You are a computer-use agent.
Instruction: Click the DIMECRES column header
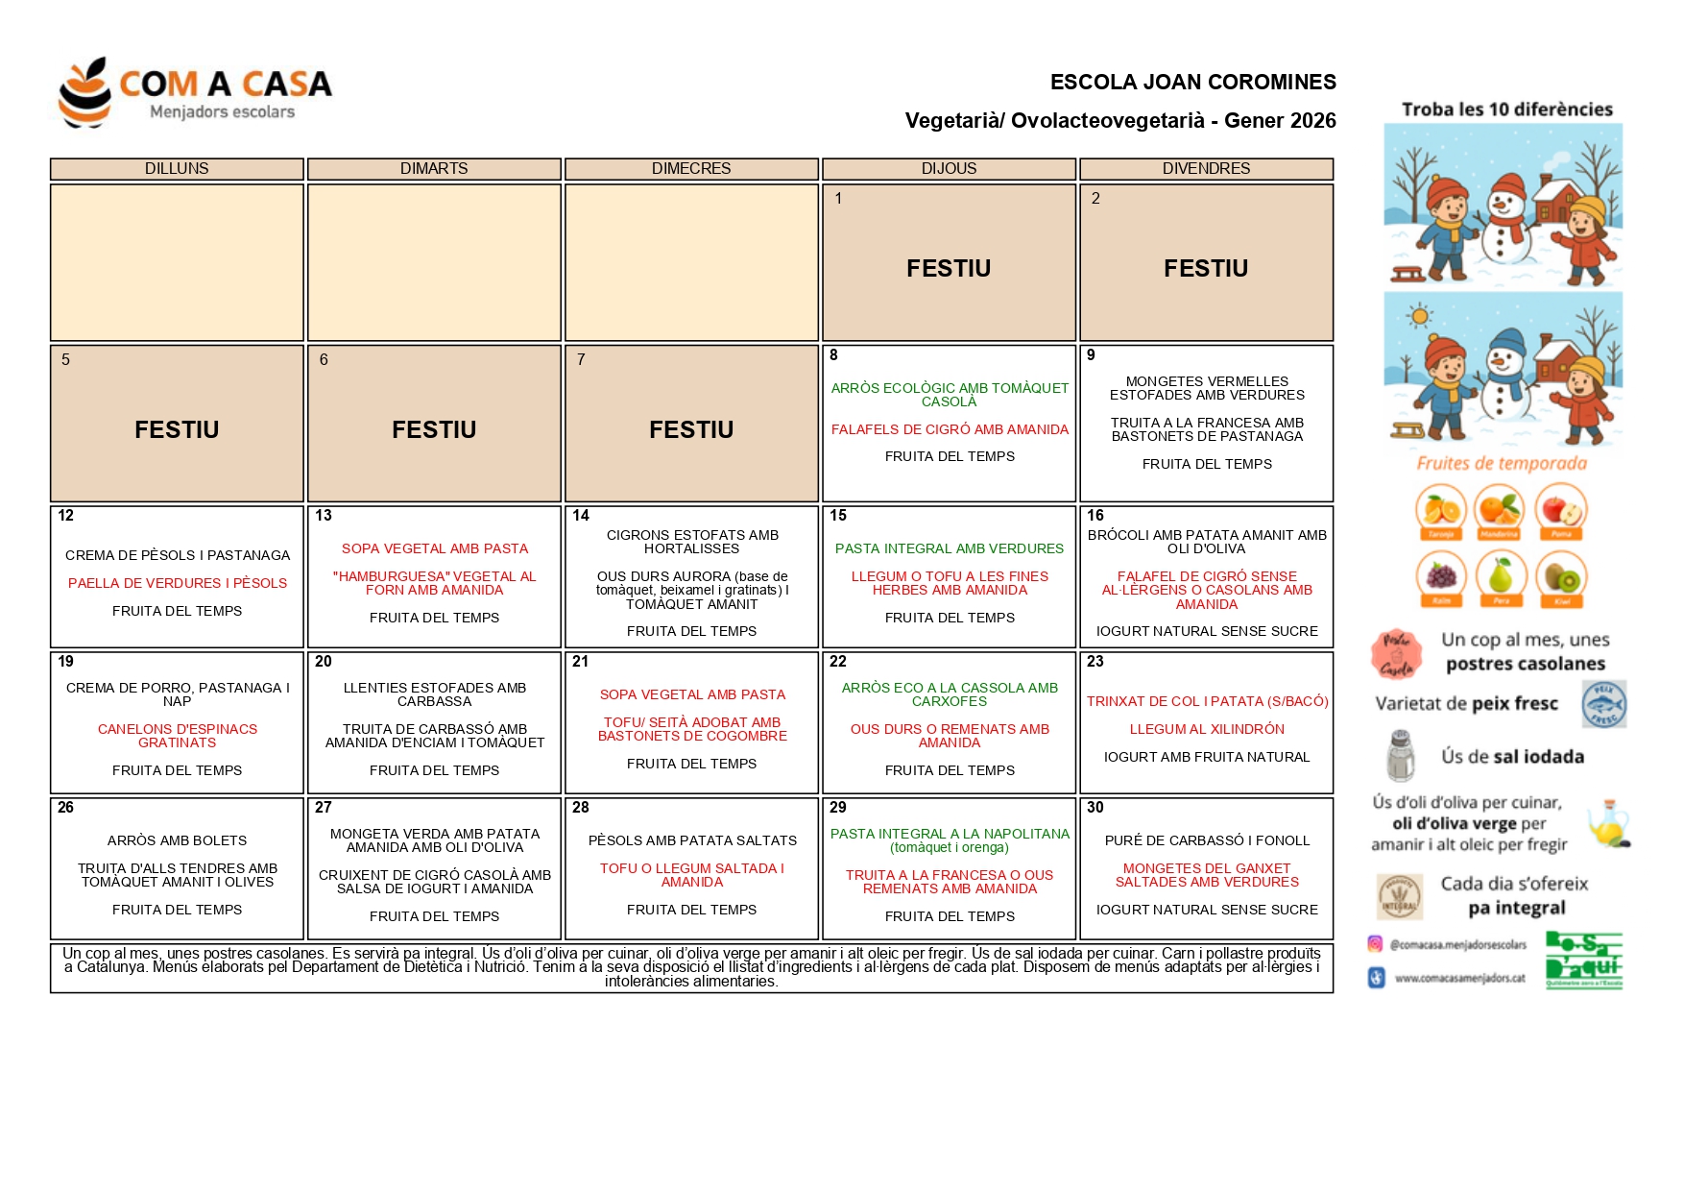[691, 169]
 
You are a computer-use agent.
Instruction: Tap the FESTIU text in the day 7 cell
[691, 429]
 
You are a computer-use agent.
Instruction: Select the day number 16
[1095, 516]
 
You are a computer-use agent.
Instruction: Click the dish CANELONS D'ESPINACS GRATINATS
[178, 736]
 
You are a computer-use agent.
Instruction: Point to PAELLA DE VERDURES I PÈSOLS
[178, 583]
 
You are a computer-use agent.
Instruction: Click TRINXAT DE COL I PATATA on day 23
[1207, 701]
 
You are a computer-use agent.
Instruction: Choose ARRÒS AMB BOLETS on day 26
[178, 840]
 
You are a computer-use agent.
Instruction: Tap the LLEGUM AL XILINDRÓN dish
[1207, 729]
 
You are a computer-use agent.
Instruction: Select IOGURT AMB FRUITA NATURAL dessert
[1207, 757]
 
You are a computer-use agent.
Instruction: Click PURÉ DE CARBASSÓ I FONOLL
[1207, 840]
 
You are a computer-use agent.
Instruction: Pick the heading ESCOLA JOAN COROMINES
[1192, 83]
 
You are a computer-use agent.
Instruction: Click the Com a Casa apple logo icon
[84, 92]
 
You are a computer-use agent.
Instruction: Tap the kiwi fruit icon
[1561, 578]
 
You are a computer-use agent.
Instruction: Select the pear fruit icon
[1501, 576]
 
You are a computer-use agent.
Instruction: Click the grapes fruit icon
[1441, 576]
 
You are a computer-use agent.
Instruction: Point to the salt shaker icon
[1401, 756]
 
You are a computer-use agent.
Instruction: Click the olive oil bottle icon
[1608, 823]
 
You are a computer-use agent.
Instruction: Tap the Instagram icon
[1376, 944]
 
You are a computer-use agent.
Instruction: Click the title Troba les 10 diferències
[1506, 109]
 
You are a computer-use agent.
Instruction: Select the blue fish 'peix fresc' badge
[1604, 704]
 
